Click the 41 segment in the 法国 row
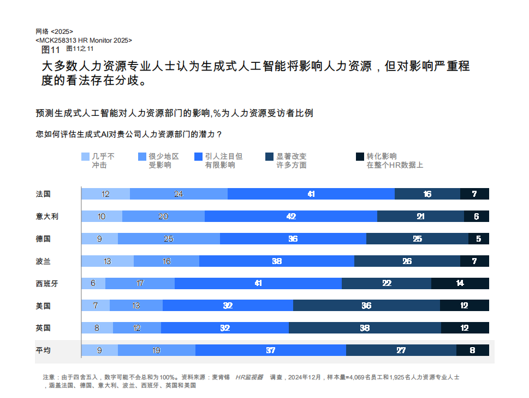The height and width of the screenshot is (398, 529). tap(311, 194)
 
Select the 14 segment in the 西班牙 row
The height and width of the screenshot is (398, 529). tap(460, 283)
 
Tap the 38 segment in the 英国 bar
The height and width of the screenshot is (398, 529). tap(365, 328)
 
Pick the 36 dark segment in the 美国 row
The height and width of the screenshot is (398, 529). tap(366, 306)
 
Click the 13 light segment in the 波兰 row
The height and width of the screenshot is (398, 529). tap(108, 261)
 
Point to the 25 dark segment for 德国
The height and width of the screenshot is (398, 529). tap(417, 238)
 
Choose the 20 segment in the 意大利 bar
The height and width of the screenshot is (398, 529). tap(163, 216)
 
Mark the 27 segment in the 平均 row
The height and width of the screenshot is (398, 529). tap(401, 350)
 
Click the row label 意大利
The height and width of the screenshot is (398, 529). tap(47, 216)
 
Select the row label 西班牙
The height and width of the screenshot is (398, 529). tap(47, 283)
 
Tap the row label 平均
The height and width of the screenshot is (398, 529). tap(43, 350)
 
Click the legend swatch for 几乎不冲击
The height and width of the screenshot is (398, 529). tap(85, 156)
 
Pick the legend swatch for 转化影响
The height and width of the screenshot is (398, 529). tap(360, 156)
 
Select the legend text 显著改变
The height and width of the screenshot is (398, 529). tap(292, 156)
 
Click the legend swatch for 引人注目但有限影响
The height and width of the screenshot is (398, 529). tap(198, 156)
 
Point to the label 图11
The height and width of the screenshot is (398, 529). tap(50, 49)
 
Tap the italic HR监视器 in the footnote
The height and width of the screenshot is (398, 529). tap(249, 377)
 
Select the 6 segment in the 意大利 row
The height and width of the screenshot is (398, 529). tap(477, 216)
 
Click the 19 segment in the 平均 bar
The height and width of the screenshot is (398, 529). tap(157, 350)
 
